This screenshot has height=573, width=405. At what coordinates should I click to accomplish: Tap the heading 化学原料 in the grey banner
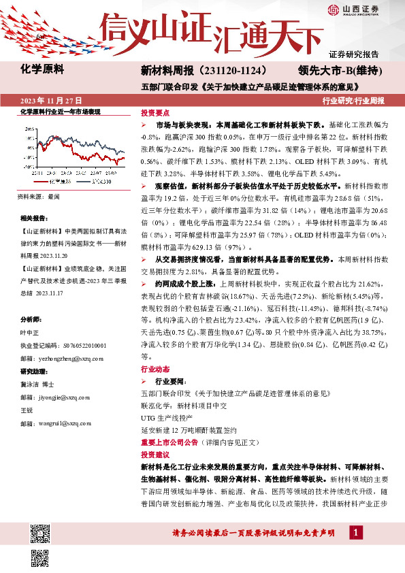(x=42, y=69)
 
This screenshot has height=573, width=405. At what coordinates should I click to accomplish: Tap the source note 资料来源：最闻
(x=39, y=196)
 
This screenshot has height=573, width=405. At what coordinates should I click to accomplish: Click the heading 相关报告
(x=35, y=218)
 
